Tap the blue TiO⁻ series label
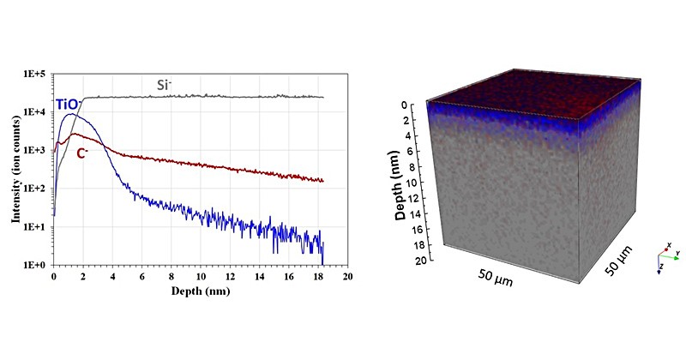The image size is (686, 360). (x=69, y=105)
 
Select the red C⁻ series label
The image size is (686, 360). (x=84, y=153)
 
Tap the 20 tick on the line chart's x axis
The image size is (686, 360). (x=347, y=278)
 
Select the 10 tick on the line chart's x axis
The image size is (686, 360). (x=201, y=278)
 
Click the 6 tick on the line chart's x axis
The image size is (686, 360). (x=142, y=278)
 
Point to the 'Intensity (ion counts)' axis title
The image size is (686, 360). (x=15, y=171)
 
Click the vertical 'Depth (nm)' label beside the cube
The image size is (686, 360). (x=400, y=185)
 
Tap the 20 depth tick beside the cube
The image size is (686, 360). (x=419, y=260)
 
